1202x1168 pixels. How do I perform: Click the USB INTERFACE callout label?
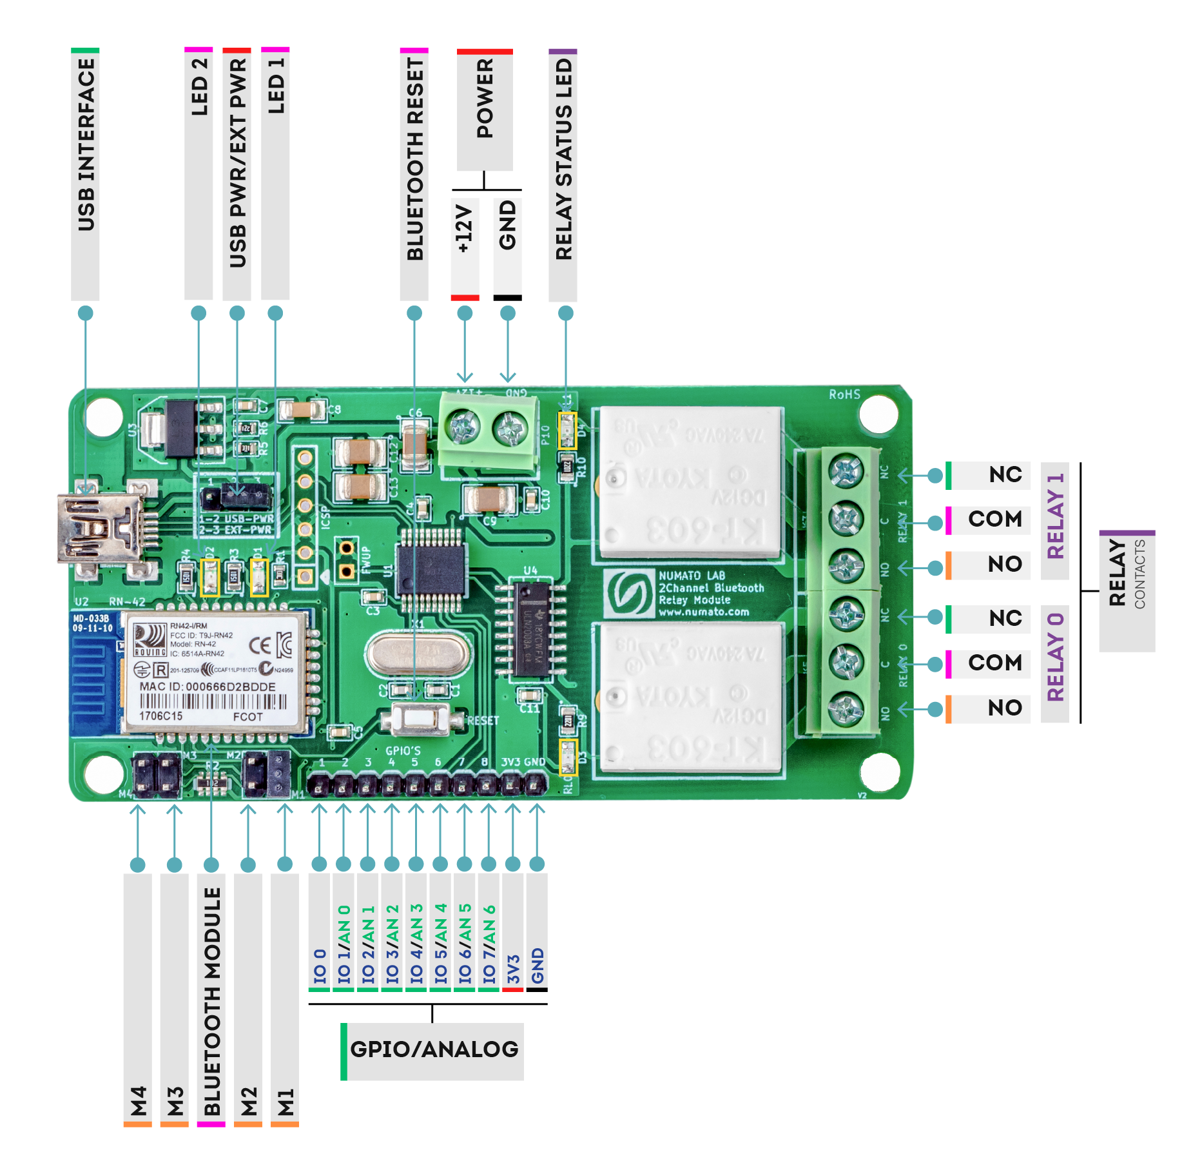(x=85, y=145)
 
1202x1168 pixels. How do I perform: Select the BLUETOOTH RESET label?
(x=414, y=160)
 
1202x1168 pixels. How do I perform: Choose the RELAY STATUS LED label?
(x=563, y=160)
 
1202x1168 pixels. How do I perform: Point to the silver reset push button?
(x=420, y=719)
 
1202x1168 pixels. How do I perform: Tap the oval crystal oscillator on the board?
(x=416, y=654)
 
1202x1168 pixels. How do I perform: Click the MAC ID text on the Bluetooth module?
(x=208, y=686)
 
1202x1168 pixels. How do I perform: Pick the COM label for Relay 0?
(x=994, y=663)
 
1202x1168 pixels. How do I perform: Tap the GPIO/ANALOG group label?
(x=434, y=1049)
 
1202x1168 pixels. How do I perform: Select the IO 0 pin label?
(x=320, y=965)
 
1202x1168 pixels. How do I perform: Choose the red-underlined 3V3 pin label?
(x=513, y=969)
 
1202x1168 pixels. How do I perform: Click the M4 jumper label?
(x=138, y=1101)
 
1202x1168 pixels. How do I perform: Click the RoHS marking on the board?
(x=844, y=394)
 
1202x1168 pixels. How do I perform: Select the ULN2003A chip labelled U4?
(x=530, y=628)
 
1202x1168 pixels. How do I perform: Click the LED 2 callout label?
(x=199, y=87)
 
